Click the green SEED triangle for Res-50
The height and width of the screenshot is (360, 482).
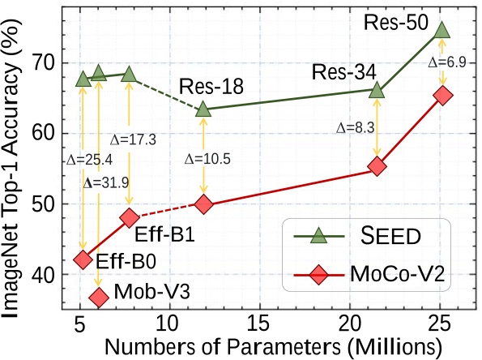click(x=441, y=30)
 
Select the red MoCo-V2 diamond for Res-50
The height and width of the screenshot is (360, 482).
click(x=442, y=96)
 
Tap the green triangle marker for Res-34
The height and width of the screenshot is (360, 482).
click(x=377, y=90)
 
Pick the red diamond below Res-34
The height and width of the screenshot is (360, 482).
click(x=377, y=166)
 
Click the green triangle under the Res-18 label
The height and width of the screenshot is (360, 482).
click(x=203, y=108)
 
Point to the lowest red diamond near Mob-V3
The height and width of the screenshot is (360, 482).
click(x=99, y=297)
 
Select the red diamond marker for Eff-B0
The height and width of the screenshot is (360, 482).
click(x=83, y=259)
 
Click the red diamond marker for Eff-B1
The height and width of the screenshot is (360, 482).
click(x=130, y=217)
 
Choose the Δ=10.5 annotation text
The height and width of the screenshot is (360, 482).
click(x=208, y=158)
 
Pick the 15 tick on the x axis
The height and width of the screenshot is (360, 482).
click(x=258, y=322)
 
